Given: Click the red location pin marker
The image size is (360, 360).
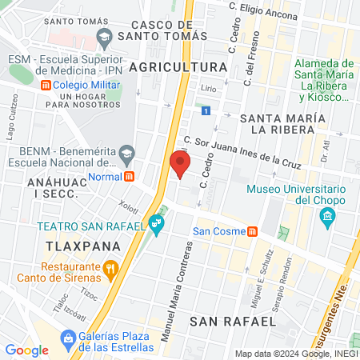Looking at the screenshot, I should [x=180, y=164].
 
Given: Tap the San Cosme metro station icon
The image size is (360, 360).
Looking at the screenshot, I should [x=252, y=232].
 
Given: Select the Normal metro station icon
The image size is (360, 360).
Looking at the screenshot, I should [x=130, y=176].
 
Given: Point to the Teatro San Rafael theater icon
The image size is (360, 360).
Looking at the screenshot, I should [x=158, y=226].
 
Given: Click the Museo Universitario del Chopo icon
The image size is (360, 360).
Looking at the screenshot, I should [x=326, y=217].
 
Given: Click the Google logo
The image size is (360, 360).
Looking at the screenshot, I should [x=27, y=350].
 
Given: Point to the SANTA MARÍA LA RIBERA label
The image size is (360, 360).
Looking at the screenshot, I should [x=280, y=123].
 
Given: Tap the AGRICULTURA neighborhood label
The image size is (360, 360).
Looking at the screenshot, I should [x=178, y=66].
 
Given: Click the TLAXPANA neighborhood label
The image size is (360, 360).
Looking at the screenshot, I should [x=76, y=246].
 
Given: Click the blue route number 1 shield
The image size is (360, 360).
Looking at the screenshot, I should [x=206, y=110].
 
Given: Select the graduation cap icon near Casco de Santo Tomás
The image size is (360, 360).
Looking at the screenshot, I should [x=104, y=36].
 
